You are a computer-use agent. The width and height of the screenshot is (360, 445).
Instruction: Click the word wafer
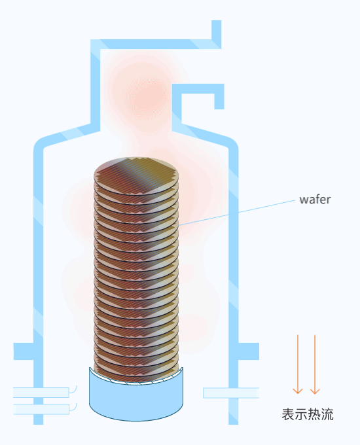[x=315, y=200]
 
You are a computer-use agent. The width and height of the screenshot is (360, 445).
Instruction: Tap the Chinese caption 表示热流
[x=308, y=414]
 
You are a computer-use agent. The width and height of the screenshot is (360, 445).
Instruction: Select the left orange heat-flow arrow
[x=298, y=365]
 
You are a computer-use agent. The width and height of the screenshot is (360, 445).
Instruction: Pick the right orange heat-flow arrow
[x=315, y=365]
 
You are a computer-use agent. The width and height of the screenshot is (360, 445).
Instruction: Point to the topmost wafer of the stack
[x=136, y=176]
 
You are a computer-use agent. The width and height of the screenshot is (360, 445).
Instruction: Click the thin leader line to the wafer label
[x=237, y=213]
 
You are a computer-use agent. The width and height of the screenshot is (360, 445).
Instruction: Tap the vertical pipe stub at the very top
[x=217, y=30]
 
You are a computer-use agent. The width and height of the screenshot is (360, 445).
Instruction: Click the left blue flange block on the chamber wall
[x=24, y=351]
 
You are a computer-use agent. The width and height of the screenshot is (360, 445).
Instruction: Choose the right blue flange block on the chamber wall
[x=249, y=351]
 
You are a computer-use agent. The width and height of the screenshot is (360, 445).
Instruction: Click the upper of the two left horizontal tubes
[x=41, y=393]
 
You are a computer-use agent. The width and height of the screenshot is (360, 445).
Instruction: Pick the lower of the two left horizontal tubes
[x=41, y=409]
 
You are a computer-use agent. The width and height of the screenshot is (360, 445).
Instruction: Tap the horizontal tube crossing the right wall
[x=231, y=393]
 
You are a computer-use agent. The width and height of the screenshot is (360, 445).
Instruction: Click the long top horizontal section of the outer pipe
[x=156, y=44]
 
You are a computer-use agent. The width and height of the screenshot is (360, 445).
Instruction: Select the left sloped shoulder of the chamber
[x=67, y=135]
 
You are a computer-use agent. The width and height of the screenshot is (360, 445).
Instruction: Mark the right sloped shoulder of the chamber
[x=205, y=135]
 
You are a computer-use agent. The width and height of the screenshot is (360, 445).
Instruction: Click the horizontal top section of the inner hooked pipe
[x=198, y=88]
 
